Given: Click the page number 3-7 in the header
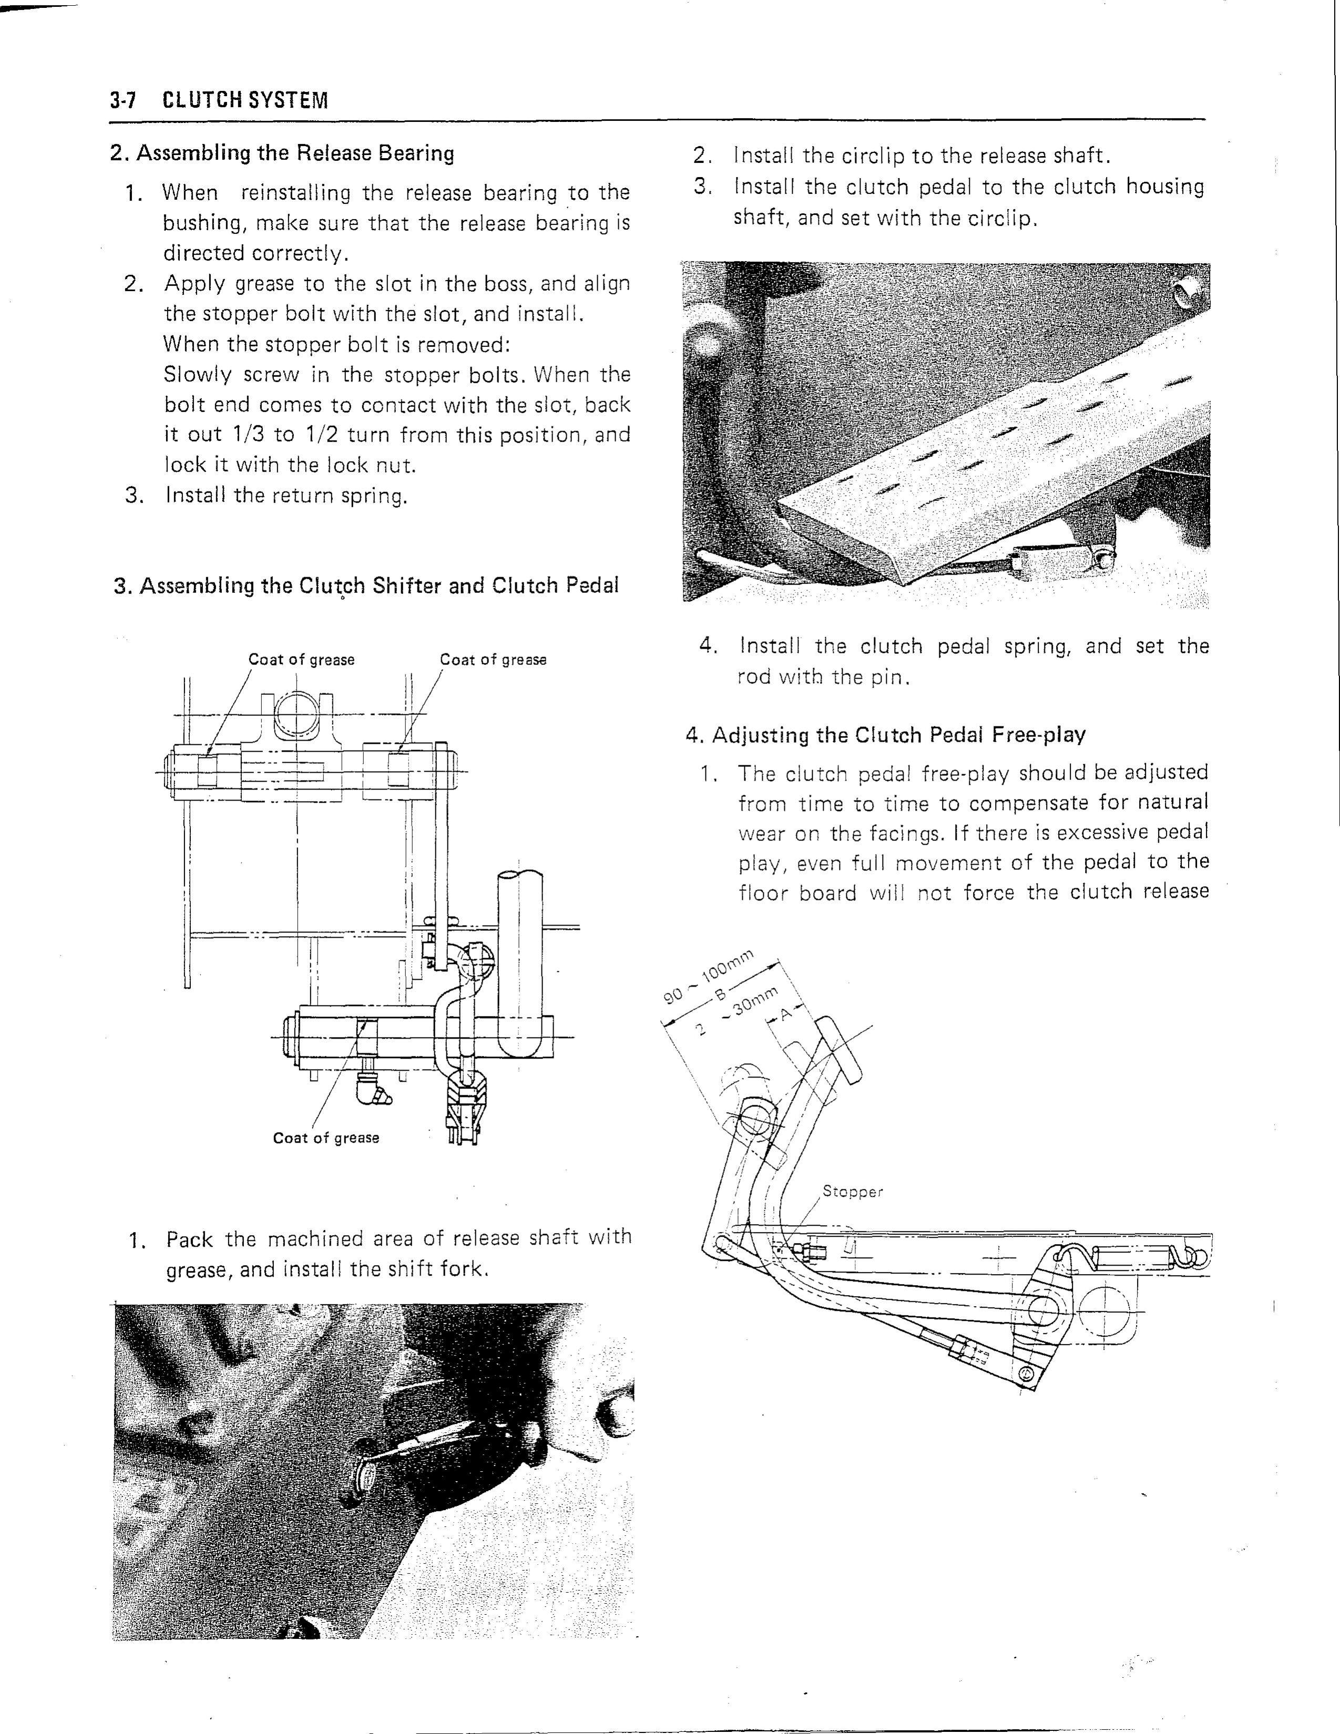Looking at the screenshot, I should pyautogui.click(x=124, y=101).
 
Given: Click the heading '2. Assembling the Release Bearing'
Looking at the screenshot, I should pyautogui.click(x=282, y=153).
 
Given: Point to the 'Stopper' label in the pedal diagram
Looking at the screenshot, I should pyautogui.click(x=852, y=1192).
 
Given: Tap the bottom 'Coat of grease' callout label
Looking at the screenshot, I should pyautogui.click(x=325, y=1138).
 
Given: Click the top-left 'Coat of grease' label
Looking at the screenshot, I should pyautogui.click(x=301, y=660).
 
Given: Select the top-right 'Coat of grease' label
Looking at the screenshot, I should pyautogui.click(x=493, y=660).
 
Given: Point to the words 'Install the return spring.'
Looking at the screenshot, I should pyautogui.click(x=286, y=496).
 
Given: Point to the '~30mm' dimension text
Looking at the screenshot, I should pyautogui.click(x=752, y=1005).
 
